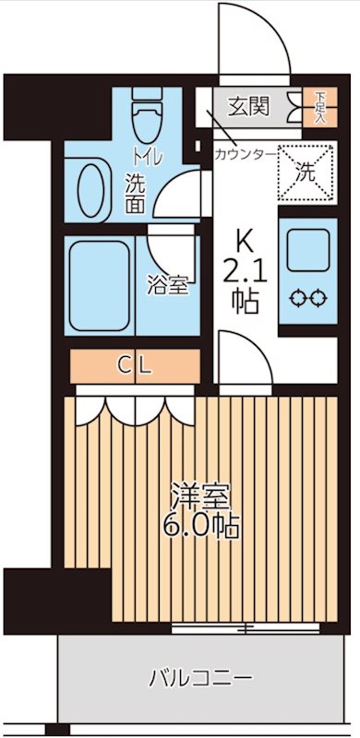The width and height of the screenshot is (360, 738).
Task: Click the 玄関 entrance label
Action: click(249, 107)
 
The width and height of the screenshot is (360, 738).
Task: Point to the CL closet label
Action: click(135, 363)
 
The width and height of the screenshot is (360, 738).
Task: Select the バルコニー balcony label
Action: click(201, 680)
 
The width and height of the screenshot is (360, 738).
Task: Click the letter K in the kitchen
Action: click(245, 242)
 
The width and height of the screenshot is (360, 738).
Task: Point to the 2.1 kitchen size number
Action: click(245, 271)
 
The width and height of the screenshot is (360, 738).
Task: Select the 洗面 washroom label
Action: click(135, 191)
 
